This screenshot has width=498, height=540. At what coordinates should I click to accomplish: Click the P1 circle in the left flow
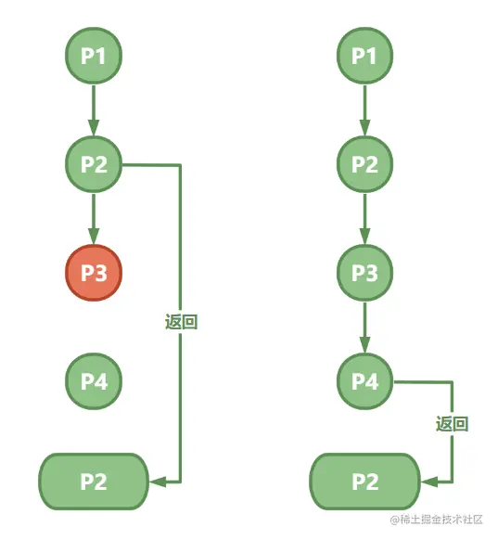[94, 56]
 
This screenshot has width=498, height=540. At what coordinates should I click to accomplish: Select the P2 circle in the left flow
[94, 164]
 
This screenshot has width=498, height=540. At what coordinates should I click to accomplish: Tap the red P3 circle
[94, 273]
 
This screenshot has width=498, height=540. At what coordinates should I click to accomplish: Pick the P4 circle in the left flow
[94, 381]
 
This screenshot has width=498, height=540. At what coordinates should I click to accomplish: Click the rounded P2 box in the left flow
[94, 482]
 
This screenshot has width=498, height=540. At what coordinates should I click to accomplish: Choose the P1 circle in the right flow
[364, 56]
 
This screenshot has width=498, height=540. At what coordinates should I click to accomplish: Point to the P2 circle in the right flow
[364, 164]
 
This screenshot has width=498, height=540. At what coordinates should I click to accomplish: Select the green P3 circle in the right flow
[364, 273]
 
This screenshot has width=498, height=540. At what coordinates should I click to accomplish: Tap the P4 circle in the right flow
[364, 381]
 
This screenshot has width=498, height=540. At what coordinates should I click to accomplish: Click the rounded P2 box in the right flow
[364, 482]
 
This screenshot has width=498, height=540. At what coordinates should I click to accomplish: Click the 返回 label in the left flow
[181, 322]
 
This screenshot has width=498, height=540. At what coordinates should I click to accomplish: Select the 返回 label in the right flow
[452, 424]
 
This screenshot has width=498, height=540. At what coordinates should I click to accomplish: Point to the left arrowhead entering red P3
[94, 236]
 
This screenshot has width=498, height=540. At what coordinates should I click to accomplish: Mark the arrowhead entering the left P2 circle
[94, 127]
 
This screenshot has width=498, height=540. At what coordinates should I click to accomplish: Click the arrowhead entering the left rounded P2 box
[158, 482]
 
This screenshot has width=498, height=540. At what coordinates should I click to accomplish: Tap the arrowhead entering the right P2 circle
[364, 127]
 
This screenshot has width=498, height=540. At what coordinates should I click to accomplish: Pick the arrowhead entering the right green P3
[364, 236]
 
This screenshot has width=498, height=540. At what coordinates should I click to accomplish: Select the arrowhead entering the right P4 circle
[364, 344]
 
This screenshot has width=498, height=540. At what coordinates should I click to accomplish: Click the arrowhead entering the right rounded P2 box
[428, 482]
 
